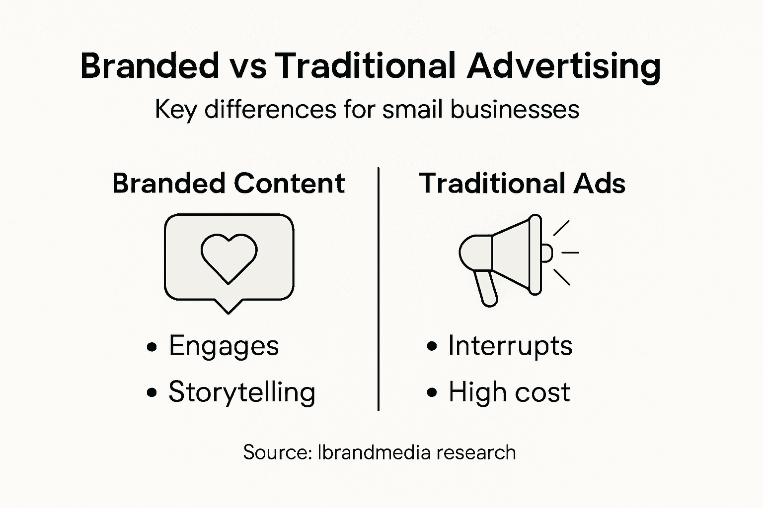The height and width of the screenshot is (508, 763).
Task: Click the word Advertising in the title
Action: pyautogui.click(x=564, y=66)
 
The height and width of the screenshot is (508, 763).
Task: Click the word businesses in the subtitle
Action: pyautogui.click(x=515, y=109)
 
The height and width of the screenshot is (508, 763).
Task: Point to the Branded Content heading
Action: pyautogui.click(x=229, y=183)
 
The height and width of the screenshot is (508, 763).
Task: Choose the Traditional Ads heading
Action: pyautogui.click(x=522, y=183)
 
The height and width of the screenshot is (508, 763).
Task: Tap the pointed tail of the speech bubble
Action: pyautogui.click(x=228, y=307)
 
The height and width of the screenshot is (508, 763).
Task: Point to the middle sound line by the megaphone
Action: pyautogui.click(x=570, y=253)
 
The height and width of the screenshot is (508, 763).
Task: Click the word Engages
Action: pyautogui.click(x=224, y=346)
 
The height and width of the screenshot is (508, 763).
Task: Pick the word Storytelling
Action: pyautogui.click(x=242, y=392)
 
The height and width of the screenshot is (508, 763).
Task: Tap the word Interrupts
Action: pyautogui.click(x=510, y=346)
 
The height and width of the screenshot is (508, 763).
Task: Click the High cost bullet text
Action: pyautogui.click(x=509, y=392)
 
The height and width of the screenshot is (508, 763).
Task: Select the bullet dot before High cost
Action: pyautogui.click(x=432, y=393)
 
